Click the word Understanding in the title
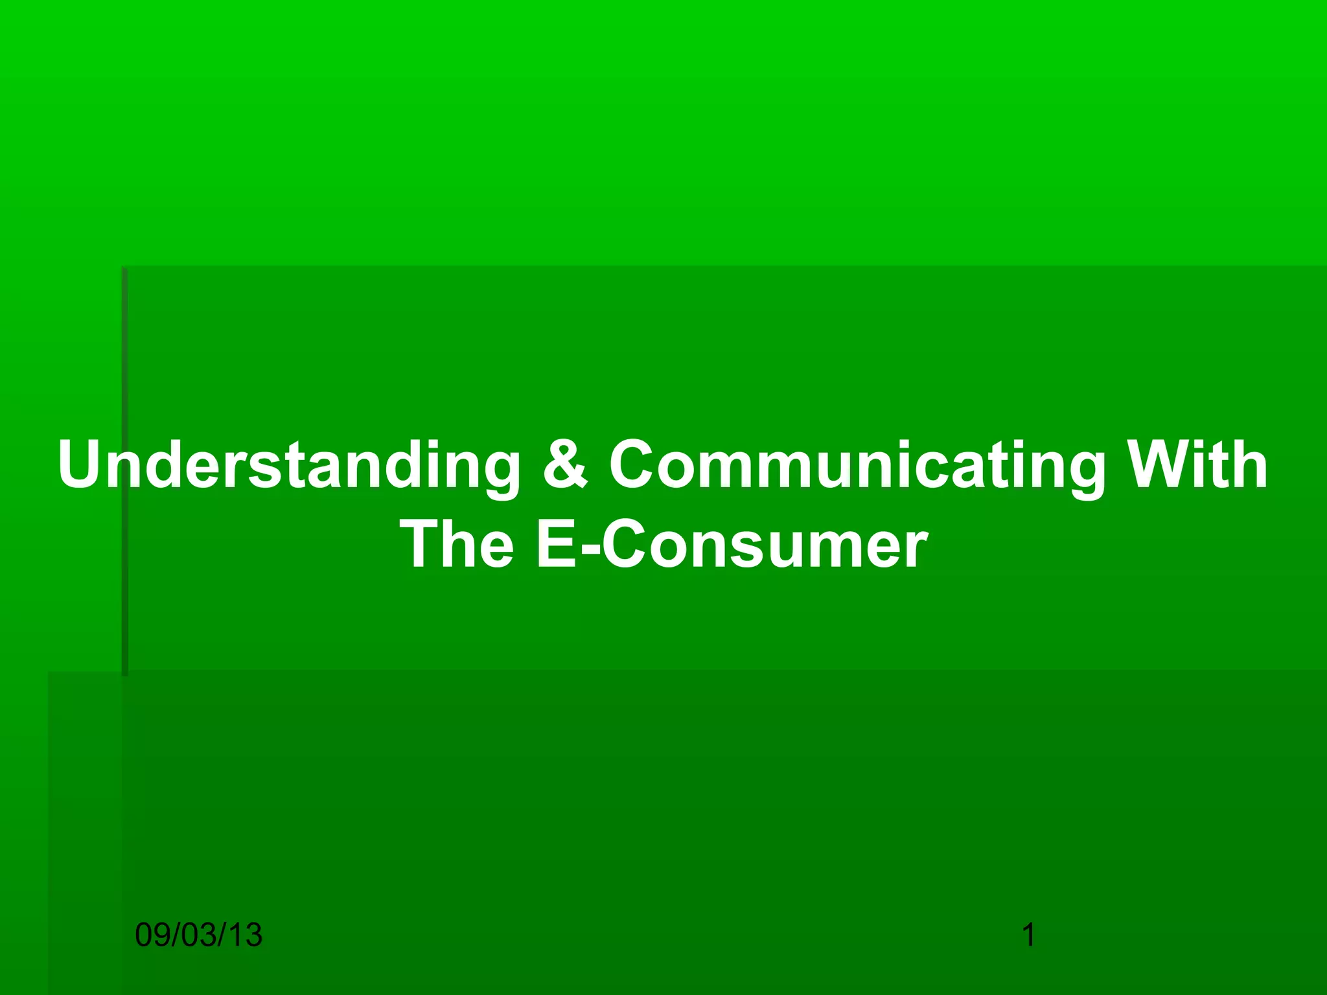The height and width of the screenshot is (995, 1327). pyautogui.click(x=289, y=465)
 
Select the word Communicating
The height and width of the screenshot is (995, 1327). pyautogui.click(x=857, y=465)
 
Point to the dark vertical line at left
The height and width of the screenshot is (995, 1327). pyautogui.click(x=125, y=473)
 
